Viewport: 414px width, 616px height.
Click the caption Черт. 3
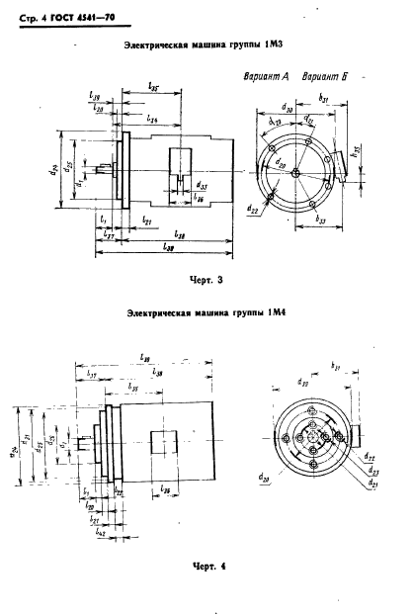[x=207, y=281]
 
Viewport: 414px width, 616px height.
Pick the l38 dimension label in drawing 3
[x=178, y=235]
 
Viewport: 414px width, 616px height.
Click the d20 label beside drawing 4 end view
[x=263, y=479]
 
